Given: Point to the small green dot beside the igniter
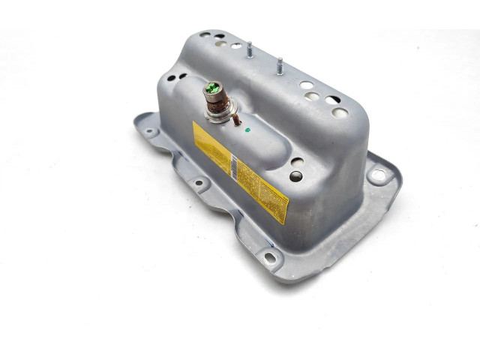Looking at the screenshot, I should point(248,129).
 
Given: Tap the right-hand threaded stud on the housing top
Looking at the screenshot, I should point(279,65).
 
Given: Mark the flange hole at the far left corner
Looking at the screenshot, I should point(148,132).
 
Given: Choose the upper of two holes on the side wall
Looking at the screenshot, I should point(298,162).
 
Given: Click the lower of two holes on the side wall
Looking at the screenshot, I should point(296,176).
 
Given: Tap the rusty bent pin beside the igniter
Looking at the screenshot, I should point(235,119).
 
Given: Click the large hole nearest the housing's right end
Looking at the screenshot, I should point(340,112).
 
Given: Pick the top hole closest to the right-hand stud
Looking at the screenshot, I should point(307,85).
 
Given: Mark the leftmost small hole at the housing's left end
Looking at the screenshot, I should point(172,77).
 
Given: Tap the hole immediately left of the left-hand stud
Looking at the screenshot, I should point(235,46).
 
